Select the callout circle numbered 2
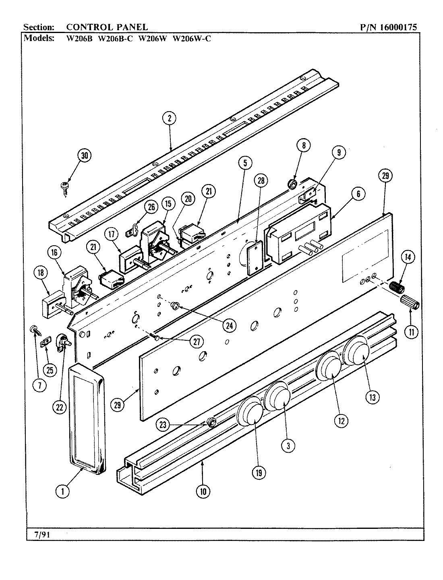tap(170, 118)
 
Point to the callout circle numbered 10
tap(203, 491)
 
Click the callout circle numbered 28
tap(261, 181)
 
